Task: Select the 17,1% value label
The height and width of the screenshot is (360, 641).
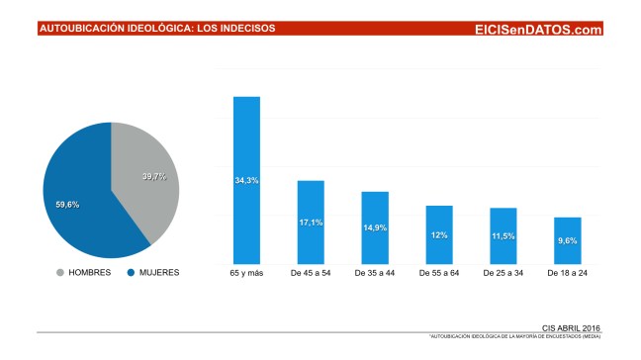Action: (x=311, y=223)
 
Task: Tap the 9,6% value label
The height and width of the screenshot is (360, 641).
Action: (x=568, y=239)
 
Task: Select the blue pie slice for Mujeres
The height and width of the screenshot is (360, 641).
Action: (x=84, y=198)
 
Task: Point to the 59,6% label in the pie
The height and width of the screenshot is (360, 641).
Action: (x=67, y=204)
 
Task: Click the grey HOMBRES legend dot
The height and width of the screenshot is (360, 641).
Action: (x=62, y=272)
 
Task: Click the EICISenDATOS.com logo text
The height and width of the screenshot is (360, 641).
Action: (x=538, y=30)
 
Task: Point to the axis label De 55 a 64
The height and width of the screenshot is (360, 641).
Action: (x=439, y=272)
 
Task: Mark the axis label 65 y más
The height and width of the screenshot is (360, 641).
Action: (x=246, y=272)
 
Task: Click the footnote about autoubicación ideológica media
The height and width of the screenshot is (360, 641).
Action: (x=515, y=337)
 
